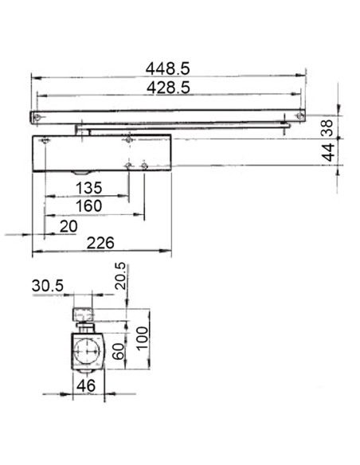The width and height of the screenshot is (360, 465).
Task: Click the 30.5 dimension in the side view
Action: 49,286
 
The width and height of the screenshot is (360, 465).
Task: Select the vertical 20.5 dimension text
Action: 120,277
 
